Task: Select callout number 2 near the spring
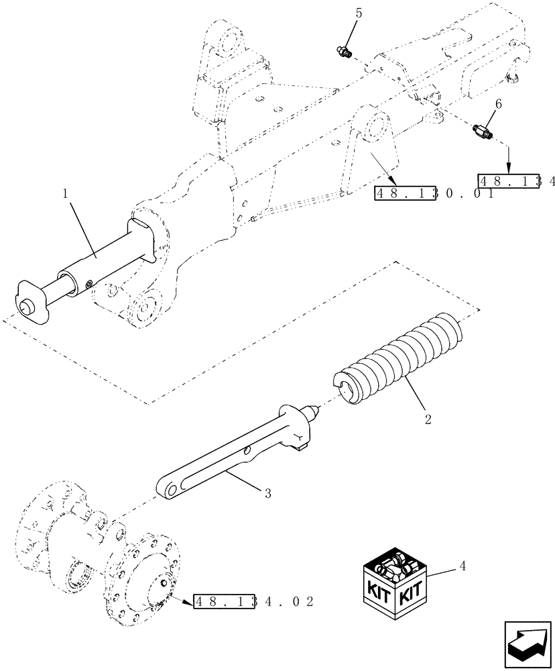pyautogui.click(x=428, y=421)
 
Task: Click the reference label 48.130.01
pyautogui.click(x=434, y=193)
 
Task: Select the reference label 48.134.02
pyautogui.click(x=253, y=601)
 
